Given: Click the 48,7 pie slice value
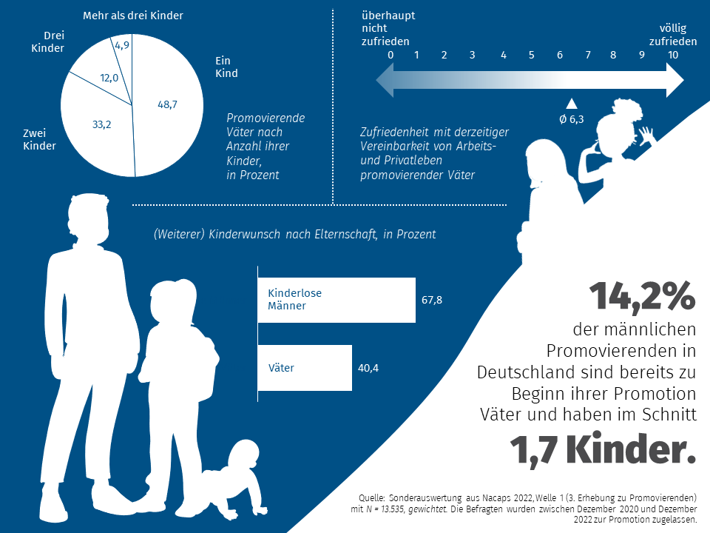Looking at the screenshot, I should [167, 104].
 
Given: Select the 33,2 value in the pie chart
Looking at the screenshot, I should [101, 124].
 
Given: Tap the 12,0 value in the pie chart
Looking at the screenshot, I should [109, 78].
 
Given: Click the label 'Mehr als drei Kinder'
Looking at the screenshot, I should [132, 16].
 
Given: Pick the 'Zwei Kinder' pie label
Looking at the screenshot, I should [39, 139].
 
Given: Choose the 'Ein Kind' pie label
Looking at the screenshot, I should [226, 67].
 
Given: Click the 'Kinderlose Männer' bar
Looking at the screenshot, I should [337, 300].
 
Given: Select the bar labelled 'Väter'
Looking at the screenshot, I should [305, 367].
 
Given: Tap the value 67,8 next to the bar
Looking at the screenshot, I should [432, 300].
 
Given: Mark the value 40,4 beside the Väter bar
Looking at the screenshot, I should [368, 367].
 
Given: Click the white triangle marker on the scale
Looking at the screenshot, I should [570, 104].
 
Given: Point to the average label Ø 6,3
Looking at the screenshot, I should [572, 119].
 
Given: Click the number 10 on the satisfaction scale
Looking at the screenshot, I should [672, 55].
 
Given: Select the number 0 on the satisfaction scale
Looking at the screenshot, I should [390, 55].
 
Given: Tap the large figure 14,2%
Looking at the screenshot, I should [642, 296].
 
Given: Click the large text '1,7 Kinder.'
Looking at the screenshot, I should [602, 450].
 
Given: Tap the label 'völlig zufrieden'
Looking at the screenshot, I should [672, 35].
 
